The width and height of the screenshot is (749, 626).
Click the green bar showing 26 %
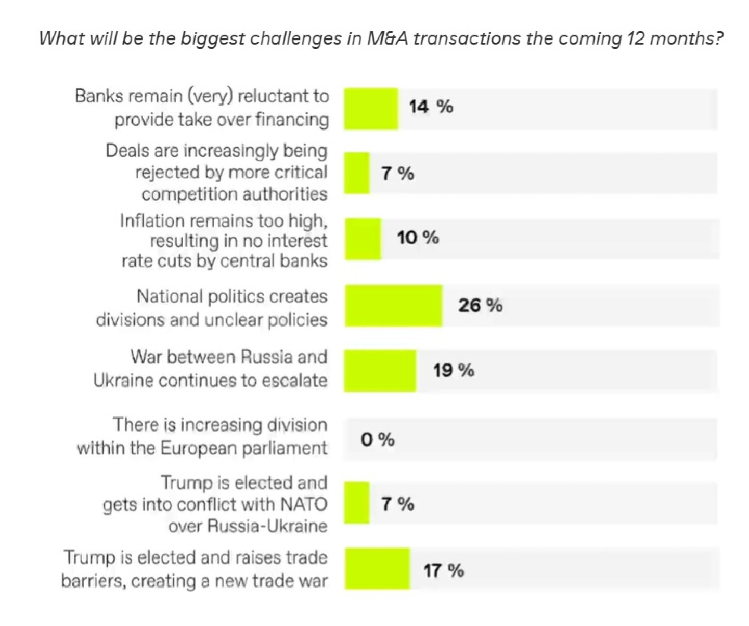tap(394, 306)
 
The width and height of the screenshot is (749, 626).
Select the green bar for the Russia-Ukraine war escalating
tap(380, 371)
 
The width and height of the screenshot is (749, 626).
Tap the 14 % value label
tap(431, 107)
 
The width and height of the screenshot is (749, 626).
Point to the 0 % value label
tap(378, 440)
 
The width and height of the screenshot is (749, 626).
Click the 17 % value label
tap(443, 570)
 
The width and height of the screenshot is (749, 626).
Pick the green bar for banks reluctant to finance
tap(371, 109)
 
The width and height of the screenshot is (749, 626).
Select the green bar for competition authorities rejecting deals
tap(357, 173)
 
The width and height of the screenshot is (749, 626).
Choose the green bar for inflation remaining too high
tap(363, 239)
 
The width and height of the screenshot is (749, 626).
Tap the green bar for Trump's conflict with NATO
tap(357, 503)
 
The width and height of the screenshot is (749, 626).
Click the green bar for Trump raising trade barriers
tap(377, 568)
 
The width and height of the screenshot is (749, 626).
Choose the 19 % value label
tap(454, 371)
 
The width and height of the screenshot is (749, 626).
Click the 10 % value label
tap(418, 238)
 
